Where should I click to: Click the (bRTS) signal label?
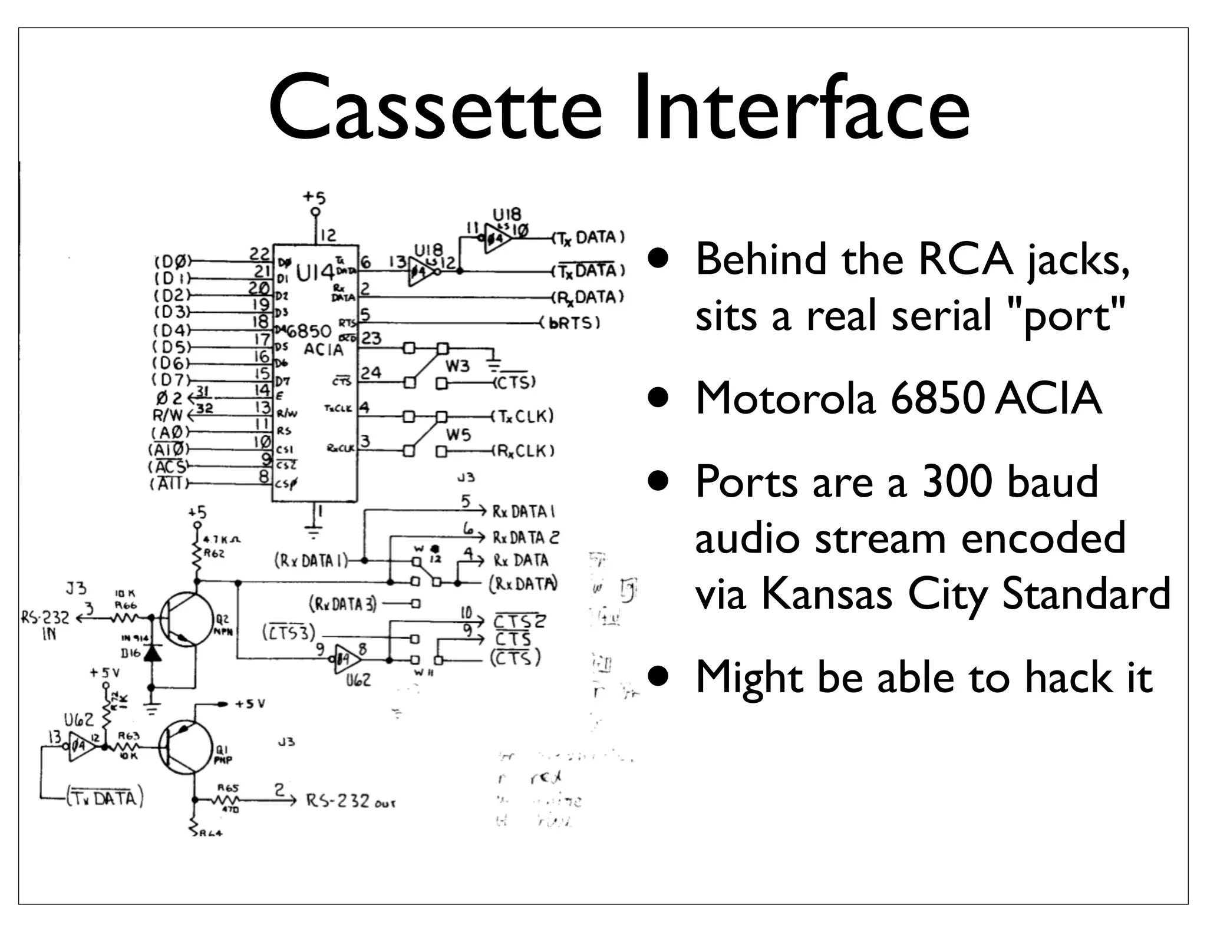click(x=570, y=323)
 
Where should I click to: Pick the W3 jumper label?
click(x=457, y=366)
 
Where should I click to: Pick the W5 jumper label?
click(x=458, y=435)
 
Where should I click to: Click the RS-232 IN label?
click(x=45, y=624)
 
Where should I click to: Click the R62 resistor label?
click(x=214, y=554)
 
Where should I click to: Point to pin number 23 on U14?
click(x=371, y=338)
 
